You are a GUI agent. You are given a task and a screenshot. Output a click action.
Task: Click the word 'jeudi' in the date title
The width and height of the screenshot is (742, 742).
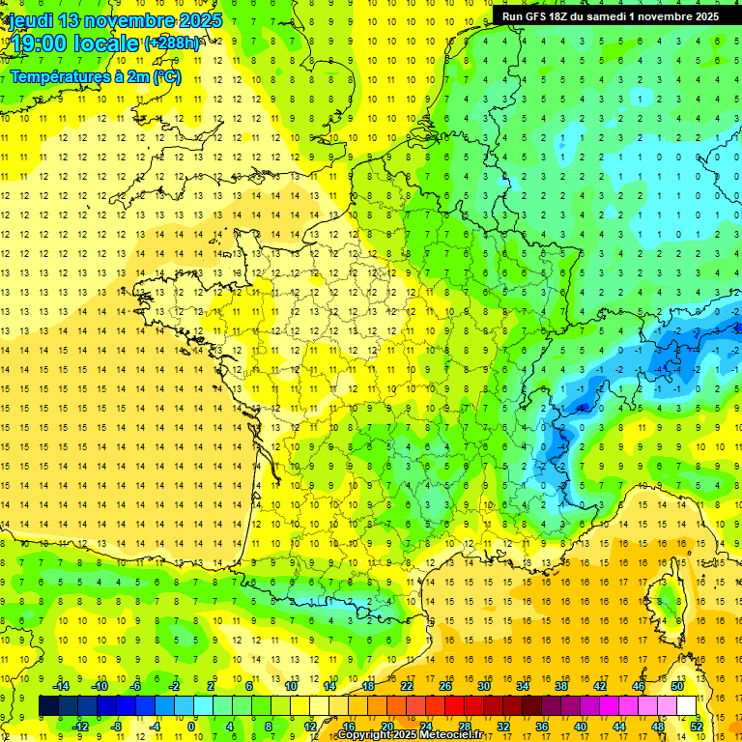(31, 20)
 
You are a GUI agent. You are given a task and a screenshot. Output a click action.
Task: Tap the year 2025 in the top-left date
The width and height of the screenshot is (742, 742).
(198, 20)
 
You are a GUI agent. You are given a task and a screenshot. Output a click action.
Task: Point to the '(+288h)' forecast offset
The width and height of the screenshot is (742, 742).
(173, 43)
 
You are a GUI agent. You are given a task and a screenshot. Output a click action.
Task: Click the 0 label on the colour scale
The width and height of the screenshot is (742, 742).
(191, 727)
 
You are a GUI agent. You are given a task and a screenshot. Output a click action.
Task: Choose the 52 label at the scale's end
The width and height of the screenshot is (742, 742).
(696, 727)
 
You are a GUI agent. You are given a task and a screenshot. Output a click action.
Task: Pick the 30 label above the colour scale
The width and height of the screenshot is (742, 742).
(484, 686)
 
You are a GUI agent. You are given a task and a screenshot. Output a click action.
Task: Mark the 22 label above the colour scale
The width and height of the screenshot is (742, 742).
(408, 686)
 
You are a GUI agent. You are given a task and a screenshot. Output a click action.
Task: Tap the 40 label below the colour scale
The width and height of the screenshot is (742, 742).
(580, 727)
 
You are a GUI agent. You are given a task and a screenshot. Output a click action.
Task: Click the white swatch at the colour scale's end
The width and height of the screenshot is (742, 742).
(686, 706)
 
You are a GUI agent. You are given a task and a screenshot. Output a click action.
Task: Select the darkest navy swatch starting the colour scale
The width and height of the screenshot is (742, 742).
(48, 706)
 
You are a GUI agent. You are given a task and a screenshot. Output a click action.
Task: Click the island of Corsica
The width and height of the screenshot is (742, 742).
(666, 599)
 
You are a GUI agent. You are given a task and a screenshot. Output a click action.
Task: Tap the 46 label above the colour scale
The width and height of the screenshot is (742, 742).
(638, 686)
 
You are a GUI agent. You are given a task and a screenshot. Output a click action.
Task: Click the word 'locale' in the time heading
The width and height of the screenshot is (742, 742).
(110, 43)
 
